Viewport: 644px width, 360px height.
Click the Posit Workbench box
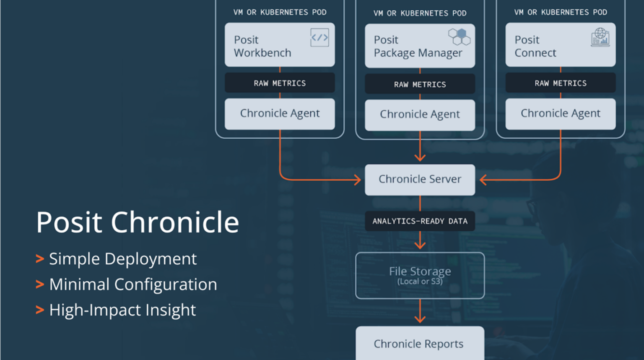279,45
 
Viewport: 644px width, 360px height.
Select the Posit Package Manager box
420,46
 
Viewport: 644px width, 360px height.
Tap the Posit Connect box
560,45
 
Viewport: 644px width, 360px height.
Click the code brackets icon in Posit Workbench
319,38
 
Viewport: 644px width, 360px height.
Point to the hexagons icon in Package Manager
459,37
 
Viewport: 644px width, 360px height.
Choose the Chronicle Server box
420,180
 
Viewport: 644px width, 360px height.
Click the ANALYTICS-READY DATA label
420,221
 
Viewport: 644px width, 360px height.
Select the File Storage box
420,275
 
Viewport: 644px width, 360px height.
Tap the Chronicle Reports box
420,343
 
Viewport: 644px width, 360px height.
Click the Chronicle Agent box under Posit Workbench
279,114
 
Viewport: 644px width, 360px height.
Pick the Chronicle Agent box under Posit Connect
560,114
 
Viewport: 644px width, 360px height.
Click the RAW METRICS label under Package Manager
420,84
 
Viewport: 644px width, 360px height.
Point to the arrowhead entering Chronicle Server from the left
358,180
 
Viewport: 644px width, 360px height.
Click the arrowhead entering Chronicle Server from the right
483,180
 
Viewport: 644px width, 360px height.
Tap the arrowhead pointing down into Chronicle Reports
420,319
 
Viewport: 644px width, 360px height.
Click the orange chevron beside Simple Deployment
40,259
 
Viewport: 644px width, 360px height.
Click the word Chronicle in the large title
174,222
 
